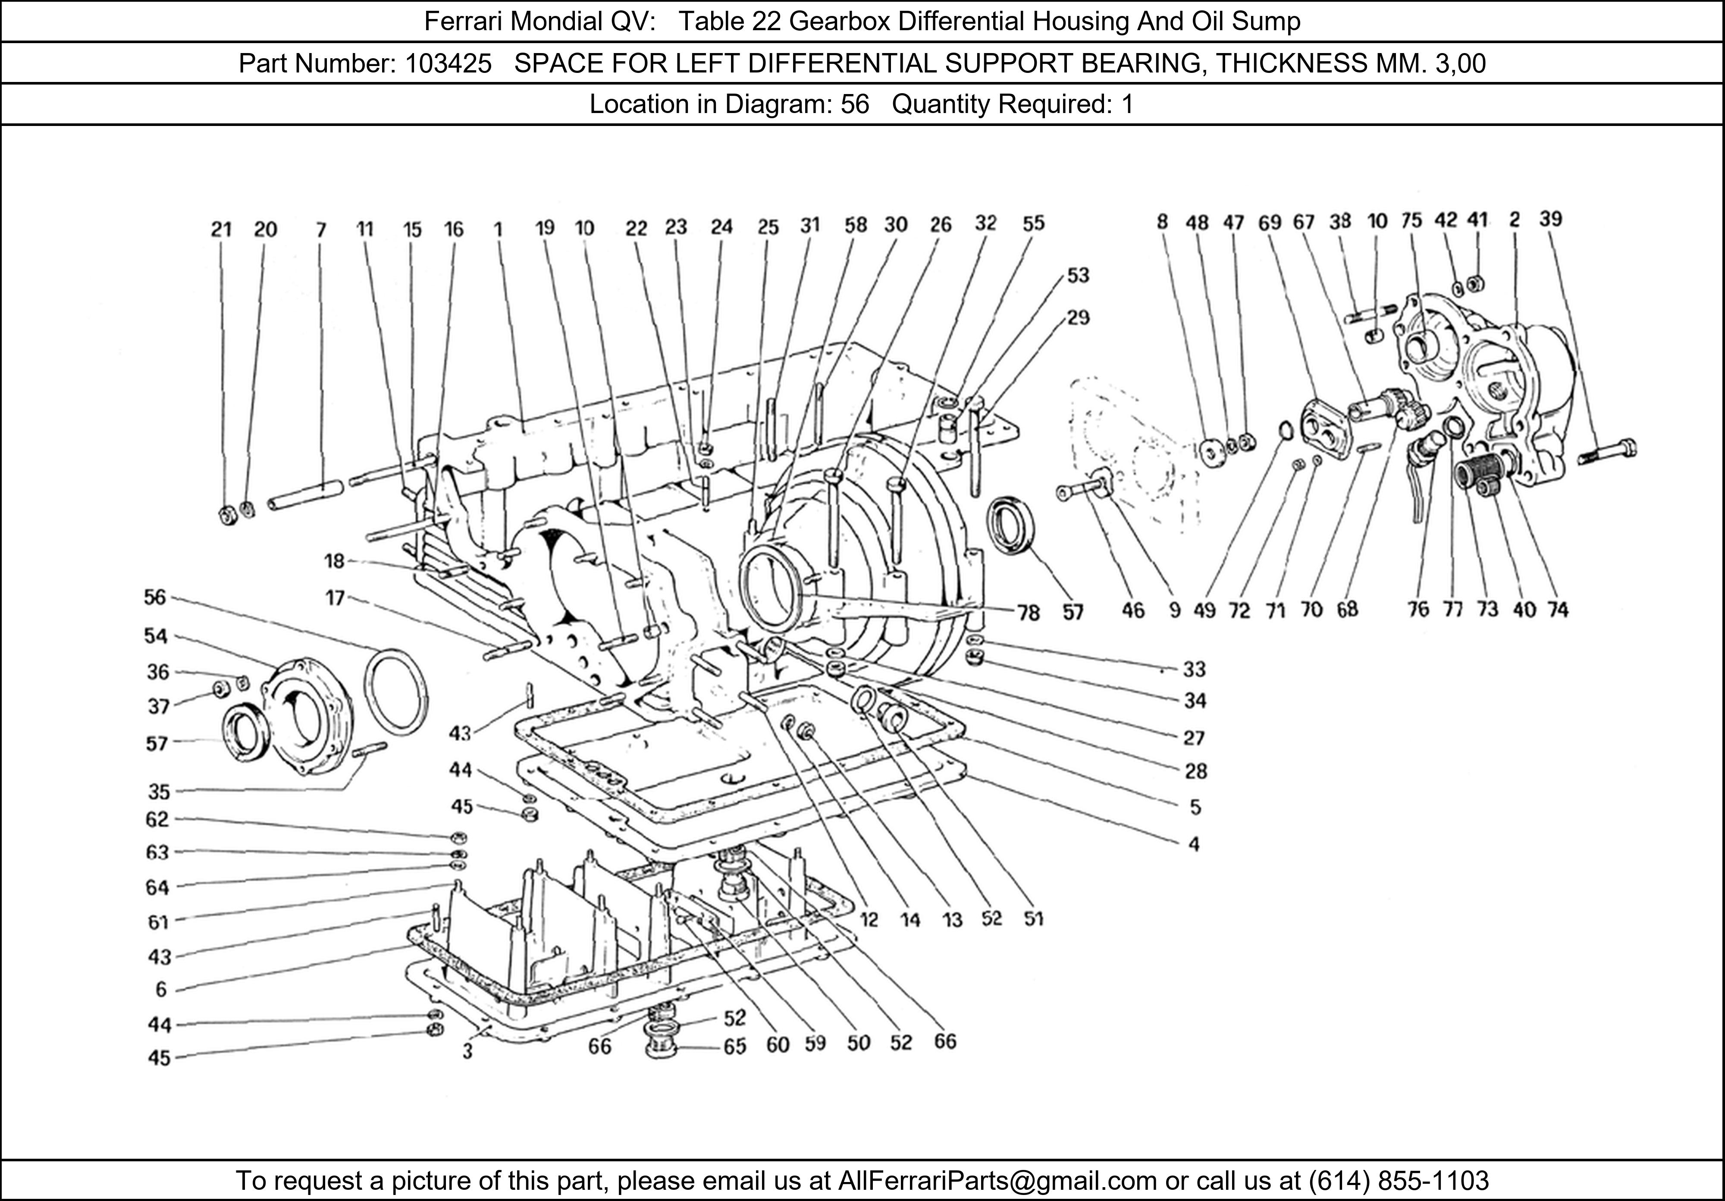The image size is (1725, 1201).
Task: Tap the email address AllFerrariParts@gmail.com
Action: [x=997, y=1181]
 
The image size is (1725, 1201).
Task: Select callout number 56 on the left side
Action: [x=155, y=597]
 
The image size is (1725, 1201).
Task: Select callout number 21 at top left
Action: [x=221, y=229]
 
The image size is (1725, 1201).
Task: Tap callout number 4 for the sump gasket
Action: [x=1194, y=844]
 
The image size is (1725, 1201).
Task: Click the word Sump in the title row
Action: [x=1275, y=21]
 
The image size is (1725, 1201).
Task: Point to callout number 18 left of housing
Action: [x=334, y=561]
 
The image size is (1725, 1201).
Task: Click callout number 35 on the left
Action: [x=159, y=792]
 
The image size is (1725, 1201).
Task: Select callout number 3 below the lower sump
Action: [x=467, y=1051]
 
